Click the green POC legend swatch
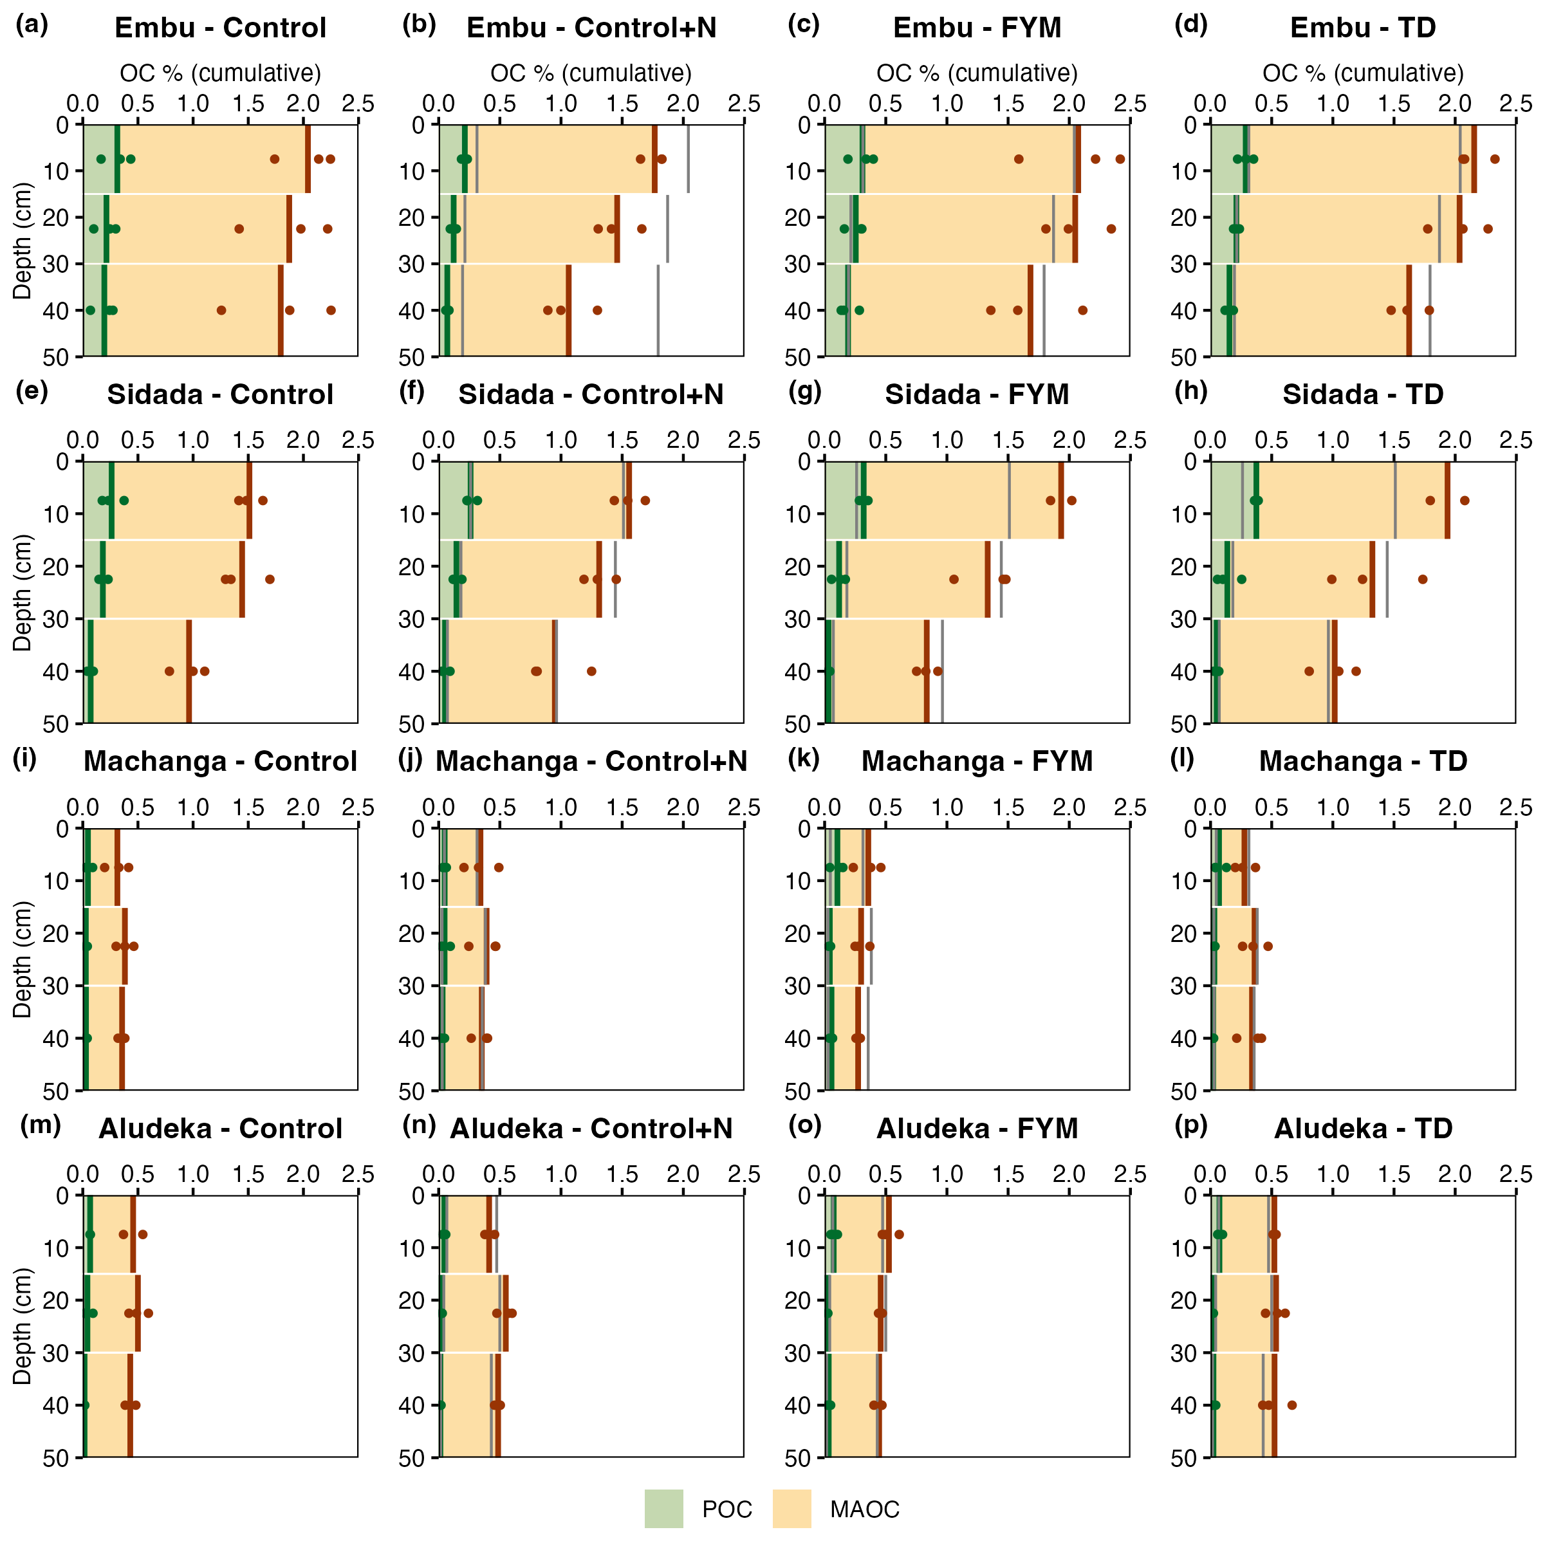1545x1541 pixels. tap(663, 1508)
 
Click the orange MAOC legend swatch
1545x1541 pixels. tap(791, 1508)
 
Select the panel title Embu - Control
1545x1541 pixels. tap(221, 28)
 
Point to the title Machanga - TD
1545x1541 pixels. tap(1363, 761)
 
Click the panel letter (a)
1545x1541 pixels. tap(32, 25)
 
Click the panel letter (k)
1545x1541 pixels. tap(804, 758)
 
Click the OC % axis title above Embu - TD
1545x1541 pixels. tap(1363, 73)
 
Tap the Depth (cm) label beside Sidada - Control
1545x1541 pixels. tap(23, 593)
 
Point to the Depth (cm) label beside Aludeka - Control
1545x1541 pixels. tap(23, 1326)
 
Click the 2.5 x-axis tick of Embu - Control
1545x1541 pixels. tap(358, 104)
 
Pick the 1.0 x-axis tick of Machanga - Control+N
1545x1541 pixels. tap(561, 807)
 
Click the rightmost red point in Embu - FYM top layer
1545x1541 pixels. tap(1120, 159)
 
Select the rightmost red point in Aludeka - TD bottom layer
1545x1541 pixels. tap(1291, 1405)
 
